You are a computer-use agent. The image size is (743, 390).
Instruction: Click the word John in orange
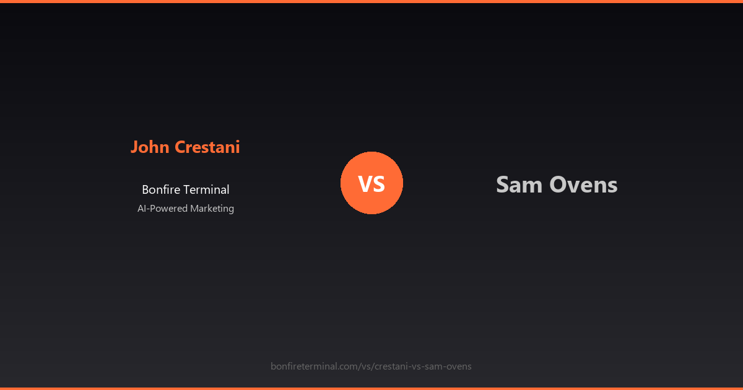pos(150,147)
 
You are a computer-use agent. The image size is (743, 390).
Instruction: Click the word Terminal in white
pos(208,190)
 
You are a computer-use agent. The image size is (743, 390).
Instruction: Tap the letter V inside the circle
pos(365,184)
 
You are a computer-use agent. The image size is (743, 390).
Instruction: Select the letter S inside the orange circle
pos(380,184)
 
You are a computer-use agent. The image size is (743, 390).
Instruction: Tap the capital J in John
pos(134,147)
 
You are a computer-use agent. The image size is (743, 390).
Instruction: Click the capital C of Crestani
pos(180,147)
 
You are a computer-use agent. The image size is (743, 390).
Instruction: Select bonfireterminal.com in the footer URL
pos(313,366)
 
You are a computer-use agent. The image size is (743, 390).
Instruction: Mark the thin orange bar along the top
pos(371,1)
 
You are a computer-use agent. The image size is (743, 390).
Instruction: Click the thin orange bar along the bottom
pos(371,388)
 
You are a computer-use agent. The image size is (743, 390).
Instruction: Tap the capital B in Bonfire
pos(146,190)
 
